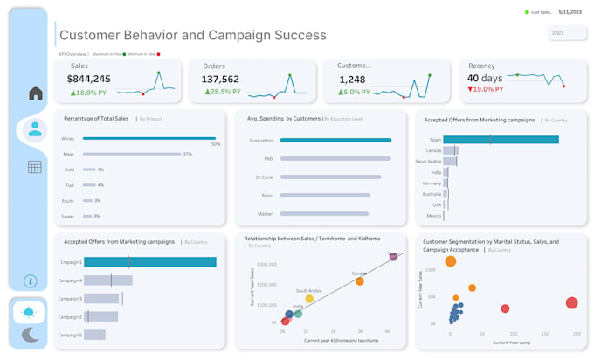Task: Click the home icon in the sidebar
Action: [35, 93]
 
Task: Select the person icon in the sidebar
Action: [35, 129]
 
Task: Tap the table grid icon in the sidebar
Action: [35, 167]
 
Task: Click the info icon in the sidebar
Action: [30, 280]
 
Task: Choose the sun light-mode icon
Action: [30, 312]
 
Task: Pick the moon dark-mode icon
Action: [30, 334]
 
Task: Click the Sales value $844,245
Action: [89, 79]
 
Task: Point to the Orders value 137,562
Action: [221, 79]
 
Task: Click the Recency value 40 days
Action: [485, 79]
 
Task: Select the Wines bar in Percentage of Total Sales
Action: [148, 138]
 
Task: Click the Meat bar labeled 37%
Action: [131, 154]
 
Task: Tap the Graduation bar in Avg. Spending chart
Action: [336, 140]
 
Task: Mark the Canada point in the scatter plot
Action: [360, 281]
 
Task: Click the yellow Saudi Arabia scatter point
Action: [309, 299]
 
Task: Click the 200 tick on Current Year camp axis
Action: [577, 334]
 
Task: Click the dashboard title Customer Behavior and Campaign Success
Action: [192, 36]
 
